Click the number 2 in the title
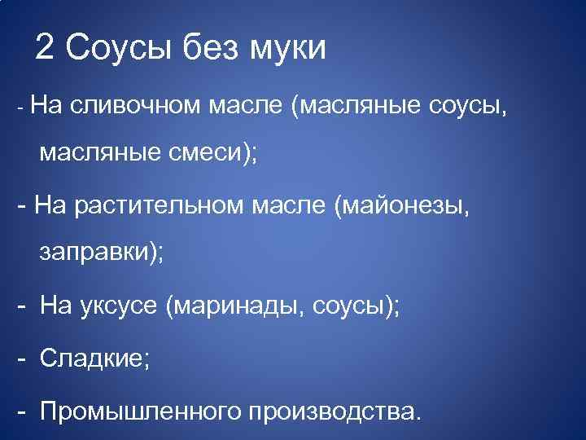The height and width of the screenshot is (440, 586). (46, 49)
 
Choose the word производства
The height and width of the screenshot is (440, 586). (334, 410)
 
